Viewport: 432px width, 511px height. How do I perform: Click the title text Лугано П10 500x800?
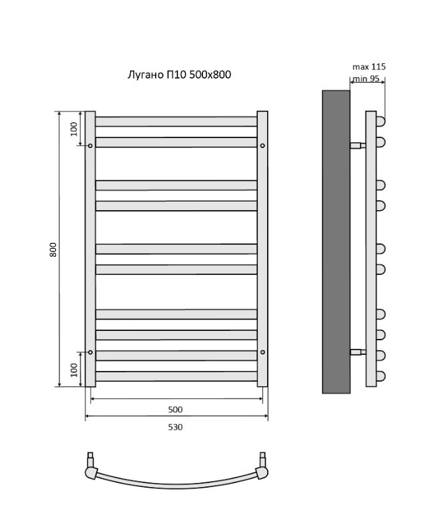179,75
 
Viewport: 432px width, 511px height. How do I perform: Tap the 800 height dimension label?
53,249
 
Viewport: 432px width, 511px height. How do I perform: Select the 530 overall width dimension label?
175,427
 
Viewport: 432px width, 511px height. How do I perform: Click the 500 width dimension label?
175,410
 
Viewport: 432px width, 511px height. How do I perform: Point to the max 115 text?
369,67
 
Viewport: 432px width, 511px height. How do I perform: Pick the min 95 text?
366,79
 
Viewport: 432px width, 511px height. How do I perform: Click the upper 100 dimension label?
74,129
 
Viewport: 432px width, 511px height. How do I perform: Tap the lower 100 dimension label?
74,370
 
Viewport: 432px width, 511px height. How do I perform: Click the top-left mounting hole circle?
90,145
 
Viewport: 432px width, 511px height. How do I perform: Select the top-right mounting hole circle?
262,145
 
